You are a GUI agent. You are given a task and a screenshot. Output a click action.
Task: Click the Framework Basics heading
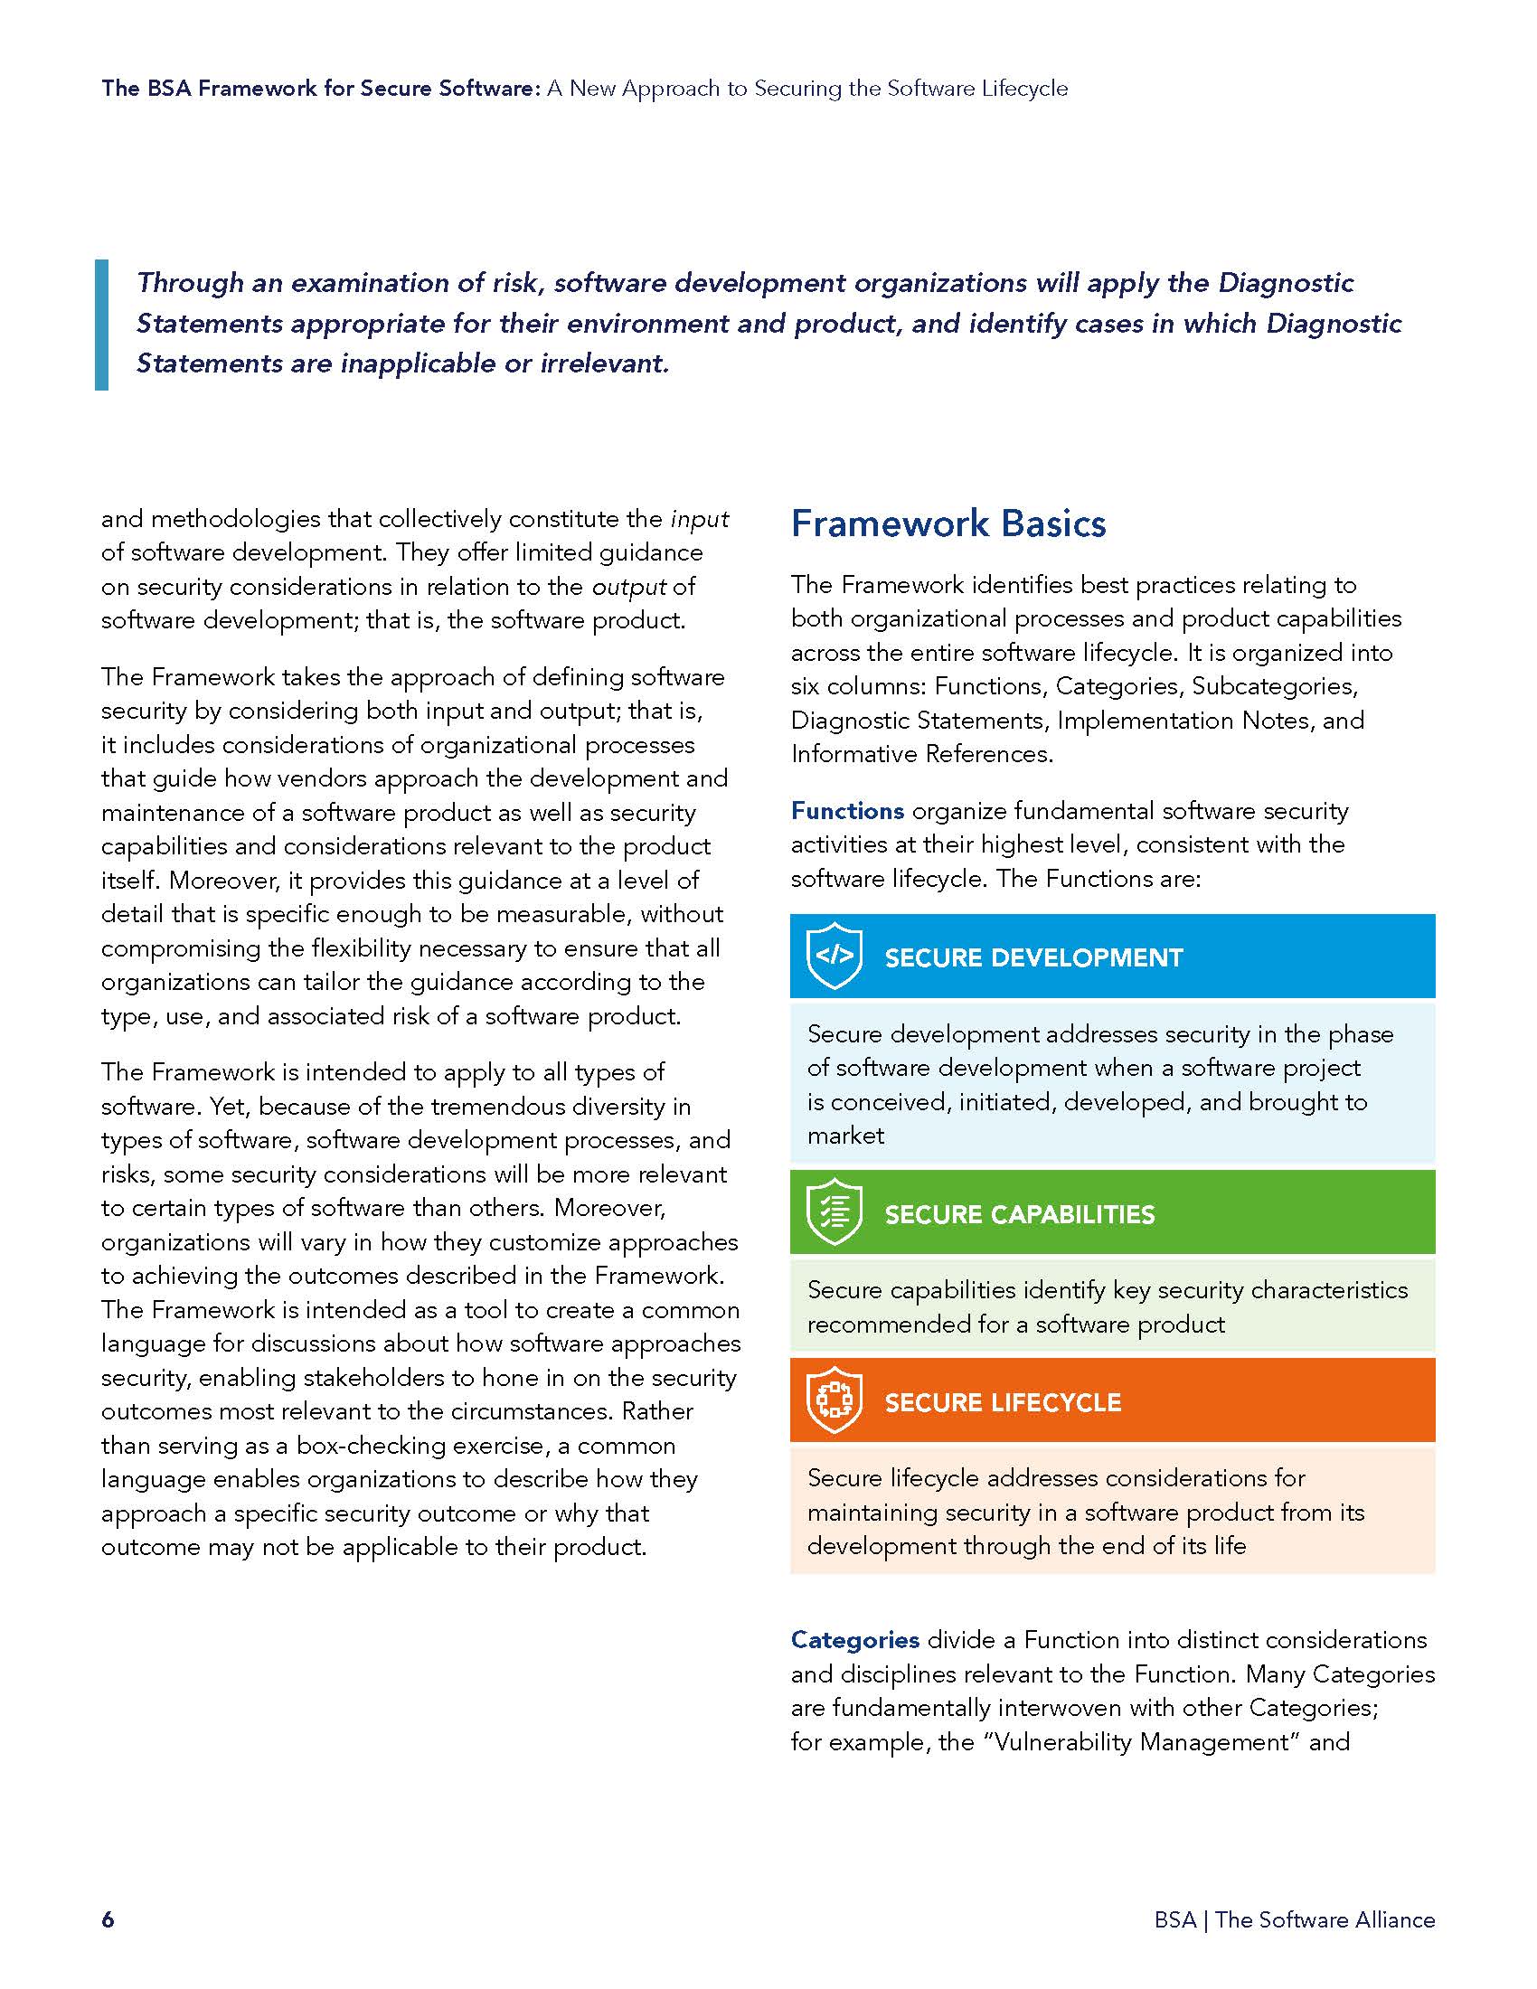948,523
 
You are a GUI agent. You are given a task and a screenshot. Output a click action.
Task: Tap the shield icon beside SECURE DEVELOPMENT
835,956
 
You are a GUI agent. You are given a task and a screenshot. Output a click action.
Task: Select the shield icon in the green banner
835,1212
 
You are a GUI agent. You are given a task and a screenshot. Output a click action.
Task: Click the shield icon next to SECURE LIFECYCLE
835,1400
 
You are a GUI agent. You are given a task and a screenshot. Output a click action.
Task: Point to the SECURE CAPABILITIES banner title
1019,1214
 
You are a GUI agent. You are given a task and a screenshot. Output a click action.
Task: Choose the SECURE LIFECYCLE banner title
1003,1401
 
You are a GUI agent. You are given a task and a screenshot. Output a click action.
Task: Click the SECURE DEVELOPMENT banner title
1033,957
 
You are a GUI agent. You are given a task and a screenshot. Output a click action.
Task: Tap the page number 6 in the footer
108,1918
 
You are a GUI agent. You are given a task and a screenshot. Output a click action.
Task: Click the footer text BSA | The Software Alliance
1294,1918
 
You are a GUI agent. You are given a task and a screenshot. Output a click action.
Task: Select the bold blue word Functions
847,811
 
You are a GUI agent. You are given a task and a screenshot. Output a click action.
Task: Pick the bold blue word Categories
854,1639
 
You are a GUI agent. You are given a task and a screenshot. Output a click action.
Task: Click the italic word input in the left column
699,519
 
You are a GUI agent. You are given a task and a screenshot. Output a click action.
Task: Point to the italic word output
629,587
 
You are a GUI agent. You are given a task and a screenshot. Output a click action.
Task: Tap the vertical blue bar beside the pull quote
101,325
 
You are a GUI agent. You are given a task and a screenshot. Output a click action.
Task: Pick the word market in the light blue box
845,1136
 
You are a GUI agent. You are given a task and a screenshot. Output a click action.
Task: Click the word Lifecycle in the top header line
1024,89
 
